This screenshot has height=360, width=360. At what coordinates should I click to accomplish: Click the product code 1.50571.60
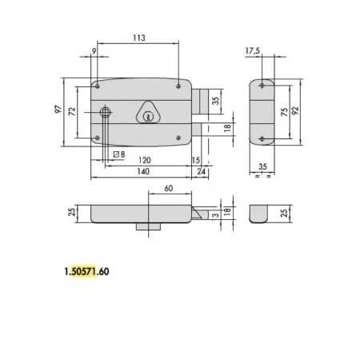[85, 271]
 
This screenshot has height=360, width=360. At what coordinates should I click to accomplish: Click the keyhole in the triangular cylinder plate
[148, 118]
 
